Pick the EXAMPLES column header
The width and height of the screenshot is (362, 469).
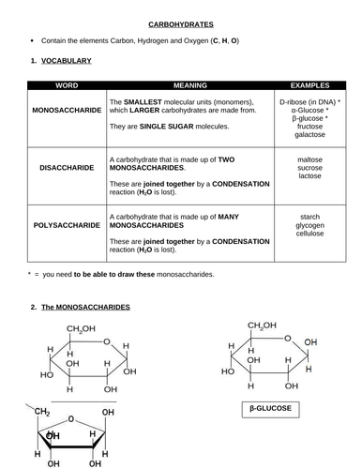(309, 83)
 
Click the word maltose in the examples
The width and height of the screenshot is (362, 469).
(309, 160)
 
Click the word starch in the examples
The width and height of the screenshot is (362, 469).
(309, 217)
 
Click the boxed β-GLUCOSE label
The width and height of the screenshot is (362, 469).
(269, 409)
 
